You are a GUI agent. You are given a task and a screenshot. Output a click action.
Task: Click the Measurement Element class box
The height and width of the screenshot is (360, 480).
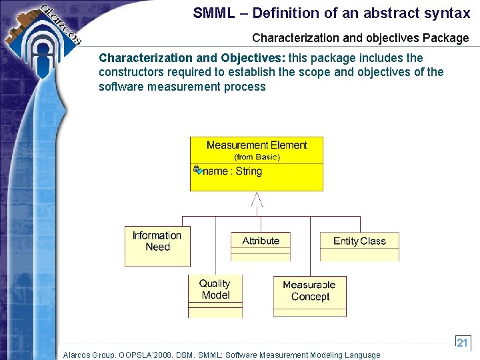pyautogui.click(x=257, y=164)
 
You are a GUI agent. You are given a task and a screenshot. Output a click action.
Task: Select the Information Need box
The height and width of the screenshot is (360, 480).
pyautogui.click(x=157, y=246)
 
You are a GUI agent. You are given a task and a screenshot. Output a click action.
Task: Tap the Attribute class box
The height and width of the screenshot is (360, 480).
pyautogui.click(x=261, y=245)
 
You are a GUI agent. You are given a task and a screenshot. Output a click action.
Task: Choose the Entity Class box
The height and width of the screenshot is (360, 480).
pyautogui.click(x=359, y=246)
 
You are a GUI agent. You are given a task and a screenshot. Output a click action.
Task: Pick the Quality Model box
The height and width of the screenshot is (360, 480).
pyautogui.click(x=215, y=296)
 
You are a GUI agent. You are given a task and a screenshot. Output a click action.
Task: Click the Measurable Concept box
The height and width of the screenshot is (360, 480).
pyautogui.click(x=309, y=295)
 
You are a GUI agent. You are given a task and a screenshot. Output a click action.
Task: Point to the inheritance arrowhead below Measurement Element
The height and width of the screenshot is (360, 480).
pyautogui.click(x=257, y=199)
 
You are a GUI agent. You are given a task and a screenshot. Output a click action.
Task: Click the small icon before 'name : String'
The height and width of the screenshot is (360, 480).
pyautogui.click(x=197, y=170)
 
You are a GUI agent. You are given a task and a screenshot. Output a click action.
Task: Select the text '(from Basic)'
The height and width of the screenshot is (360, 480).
pyautogui.click(x=257, y=157)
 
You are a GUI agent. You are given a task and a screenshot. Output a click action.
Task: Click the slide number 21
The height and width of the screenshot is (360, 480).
pyautogui.click(x=463, y=343)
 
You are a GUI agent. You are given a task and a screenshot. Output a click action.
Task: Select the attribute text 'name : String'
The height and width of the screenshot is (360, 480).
pyautogui.click(x=233, y=171)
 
